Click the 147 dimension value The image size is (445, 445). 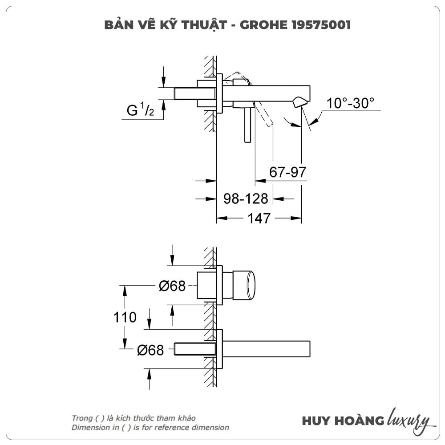(259, 218)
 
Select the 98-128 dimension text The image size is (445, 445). (246, 198)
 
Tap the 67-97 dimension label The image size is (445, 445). (287, 172)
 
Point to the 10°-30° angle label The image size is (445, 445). (350, 103)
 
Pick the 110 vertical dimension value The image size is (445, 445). (125, 317)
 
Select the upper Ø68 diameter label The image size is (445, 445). (172, 286)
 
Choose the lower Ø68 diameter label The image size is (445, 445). (150, 350)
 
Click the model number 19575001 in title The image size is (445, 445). (321, 25)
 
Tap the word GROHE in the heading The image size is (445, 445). (263, 25)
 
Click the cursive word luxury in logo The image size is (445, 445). (410, 421)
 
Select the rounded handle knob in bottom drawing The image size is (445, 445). (244, 285)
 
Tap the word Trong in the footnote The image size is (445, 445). (82, 418)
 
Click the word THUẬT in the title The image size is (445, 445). (204, 25)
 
